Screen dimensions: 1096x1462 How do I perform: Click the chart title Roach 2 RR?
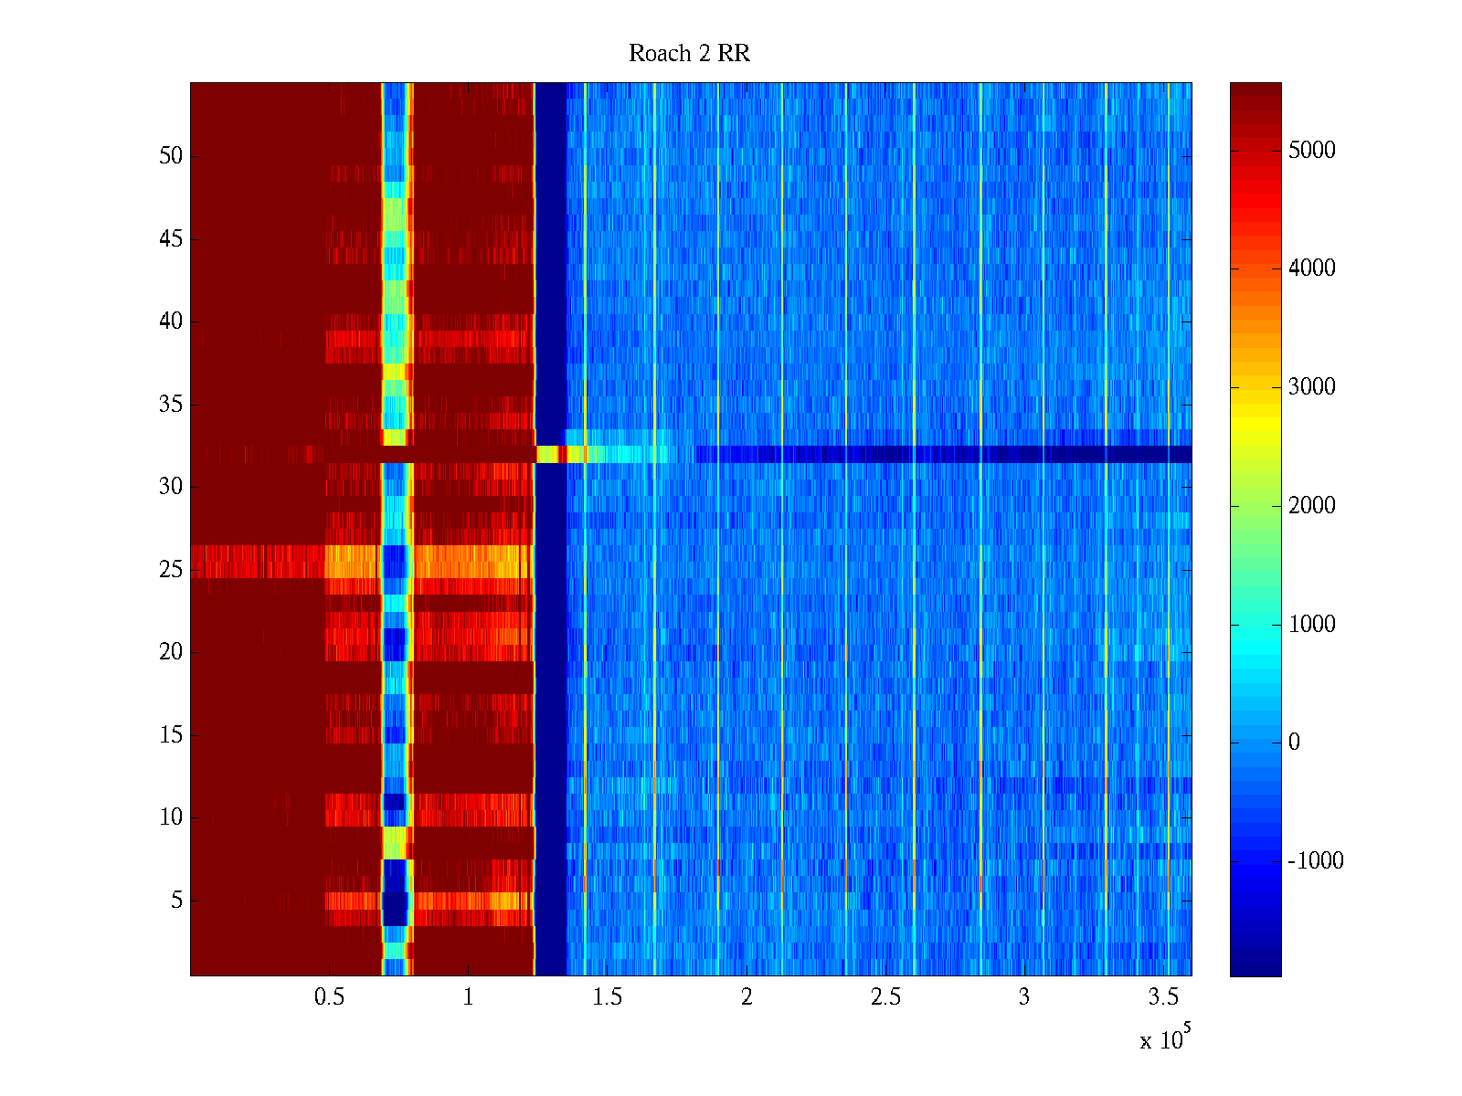click(689, 54)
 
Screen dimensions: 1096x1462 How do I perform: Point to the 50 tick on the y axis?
click(171, 156)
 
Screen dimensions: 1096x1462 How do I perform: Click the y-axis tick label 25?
click(171, 570)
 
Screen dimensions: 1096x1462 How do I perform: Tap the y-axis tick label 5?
click(176, 901)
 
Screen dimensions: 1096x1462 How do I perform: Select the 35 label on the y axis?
click(171, 405)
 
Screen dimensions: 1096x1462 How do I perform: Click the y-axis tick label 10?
click(171, 817)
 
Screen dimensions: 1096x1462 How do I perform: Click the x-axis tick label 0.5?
click(329, 997)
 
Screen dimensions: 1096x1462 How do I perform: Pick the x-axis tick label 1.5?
click(607, 997)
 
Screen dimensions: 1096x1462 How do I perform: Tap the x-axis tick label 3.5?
click(1163, 997)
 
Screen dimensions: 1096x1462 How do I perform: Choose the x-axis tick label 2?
click(747, 997)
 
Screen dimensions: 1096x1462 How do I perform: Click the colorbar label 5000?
click(1311, 151)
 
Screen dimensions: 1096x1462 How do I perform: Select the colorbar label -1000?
click(1315, 861)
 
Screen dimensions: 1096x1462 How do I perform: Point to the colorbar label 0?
click(1294, 743)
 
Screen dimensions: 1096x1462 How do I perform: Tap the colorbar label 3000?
click(1311, 387)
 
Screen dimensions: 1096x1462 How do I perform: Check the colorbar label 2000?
click(1311, 506)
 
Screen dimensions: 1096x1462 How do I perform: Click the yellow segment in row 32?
click(547, 454)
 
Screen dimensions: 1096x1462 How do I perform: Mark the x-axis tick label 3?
click(1024, 997)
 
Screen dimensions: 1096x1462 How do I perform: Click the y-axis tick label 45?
click(171, 239)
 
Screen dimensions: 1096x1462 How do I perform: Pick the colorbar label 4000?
click(1311, 269)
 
